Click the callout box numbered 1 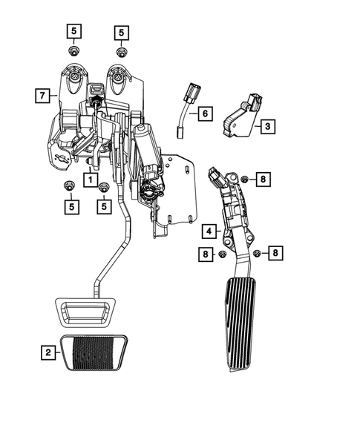88,179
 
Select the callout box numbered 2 48,352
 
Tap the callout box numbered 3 266,127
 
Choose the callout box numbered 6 205,114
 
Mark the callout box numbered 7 42,95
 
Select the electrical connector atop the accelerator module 217,177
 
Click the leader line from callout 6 193,114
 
